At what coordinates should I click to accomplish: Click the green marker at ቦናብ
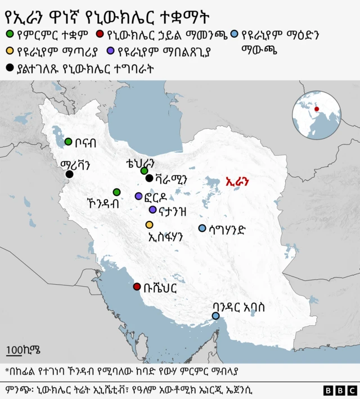click(69, 142)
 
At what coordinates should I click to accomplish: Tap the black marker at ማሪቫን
click(69, 175)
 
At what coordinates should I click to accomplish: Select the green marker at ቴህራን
click(144, 170)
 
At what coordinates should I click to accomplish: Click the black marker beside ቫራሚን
click(149, 179)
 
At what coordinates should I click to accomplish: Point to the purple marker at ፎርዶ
click(138, 196)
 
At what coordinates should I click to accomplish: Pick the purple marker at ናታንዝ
click(152, 210)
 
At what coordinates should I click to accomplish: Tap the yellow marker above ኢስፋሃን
click(149, 225)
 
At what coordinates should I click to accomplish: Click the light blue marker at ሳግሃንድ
click(202, 228)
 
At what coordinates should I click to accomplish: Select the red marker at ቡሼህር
click(137, 287)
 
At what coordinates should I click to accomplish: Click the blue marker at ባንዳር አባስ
click(216, 316)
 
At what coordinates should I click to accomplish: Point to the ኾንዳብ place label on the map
click(103, 203)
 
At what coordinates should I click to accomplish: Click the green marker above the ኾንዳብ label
click(116, 192)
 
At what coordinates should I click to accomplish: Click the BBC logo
click(340, 389)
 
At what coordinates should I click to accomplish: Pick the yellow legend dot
click(9, 52)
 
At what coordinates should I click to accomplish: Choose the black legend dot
click(9, 68)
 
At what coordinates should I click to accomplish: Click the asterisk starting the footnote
click(7, 370)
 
